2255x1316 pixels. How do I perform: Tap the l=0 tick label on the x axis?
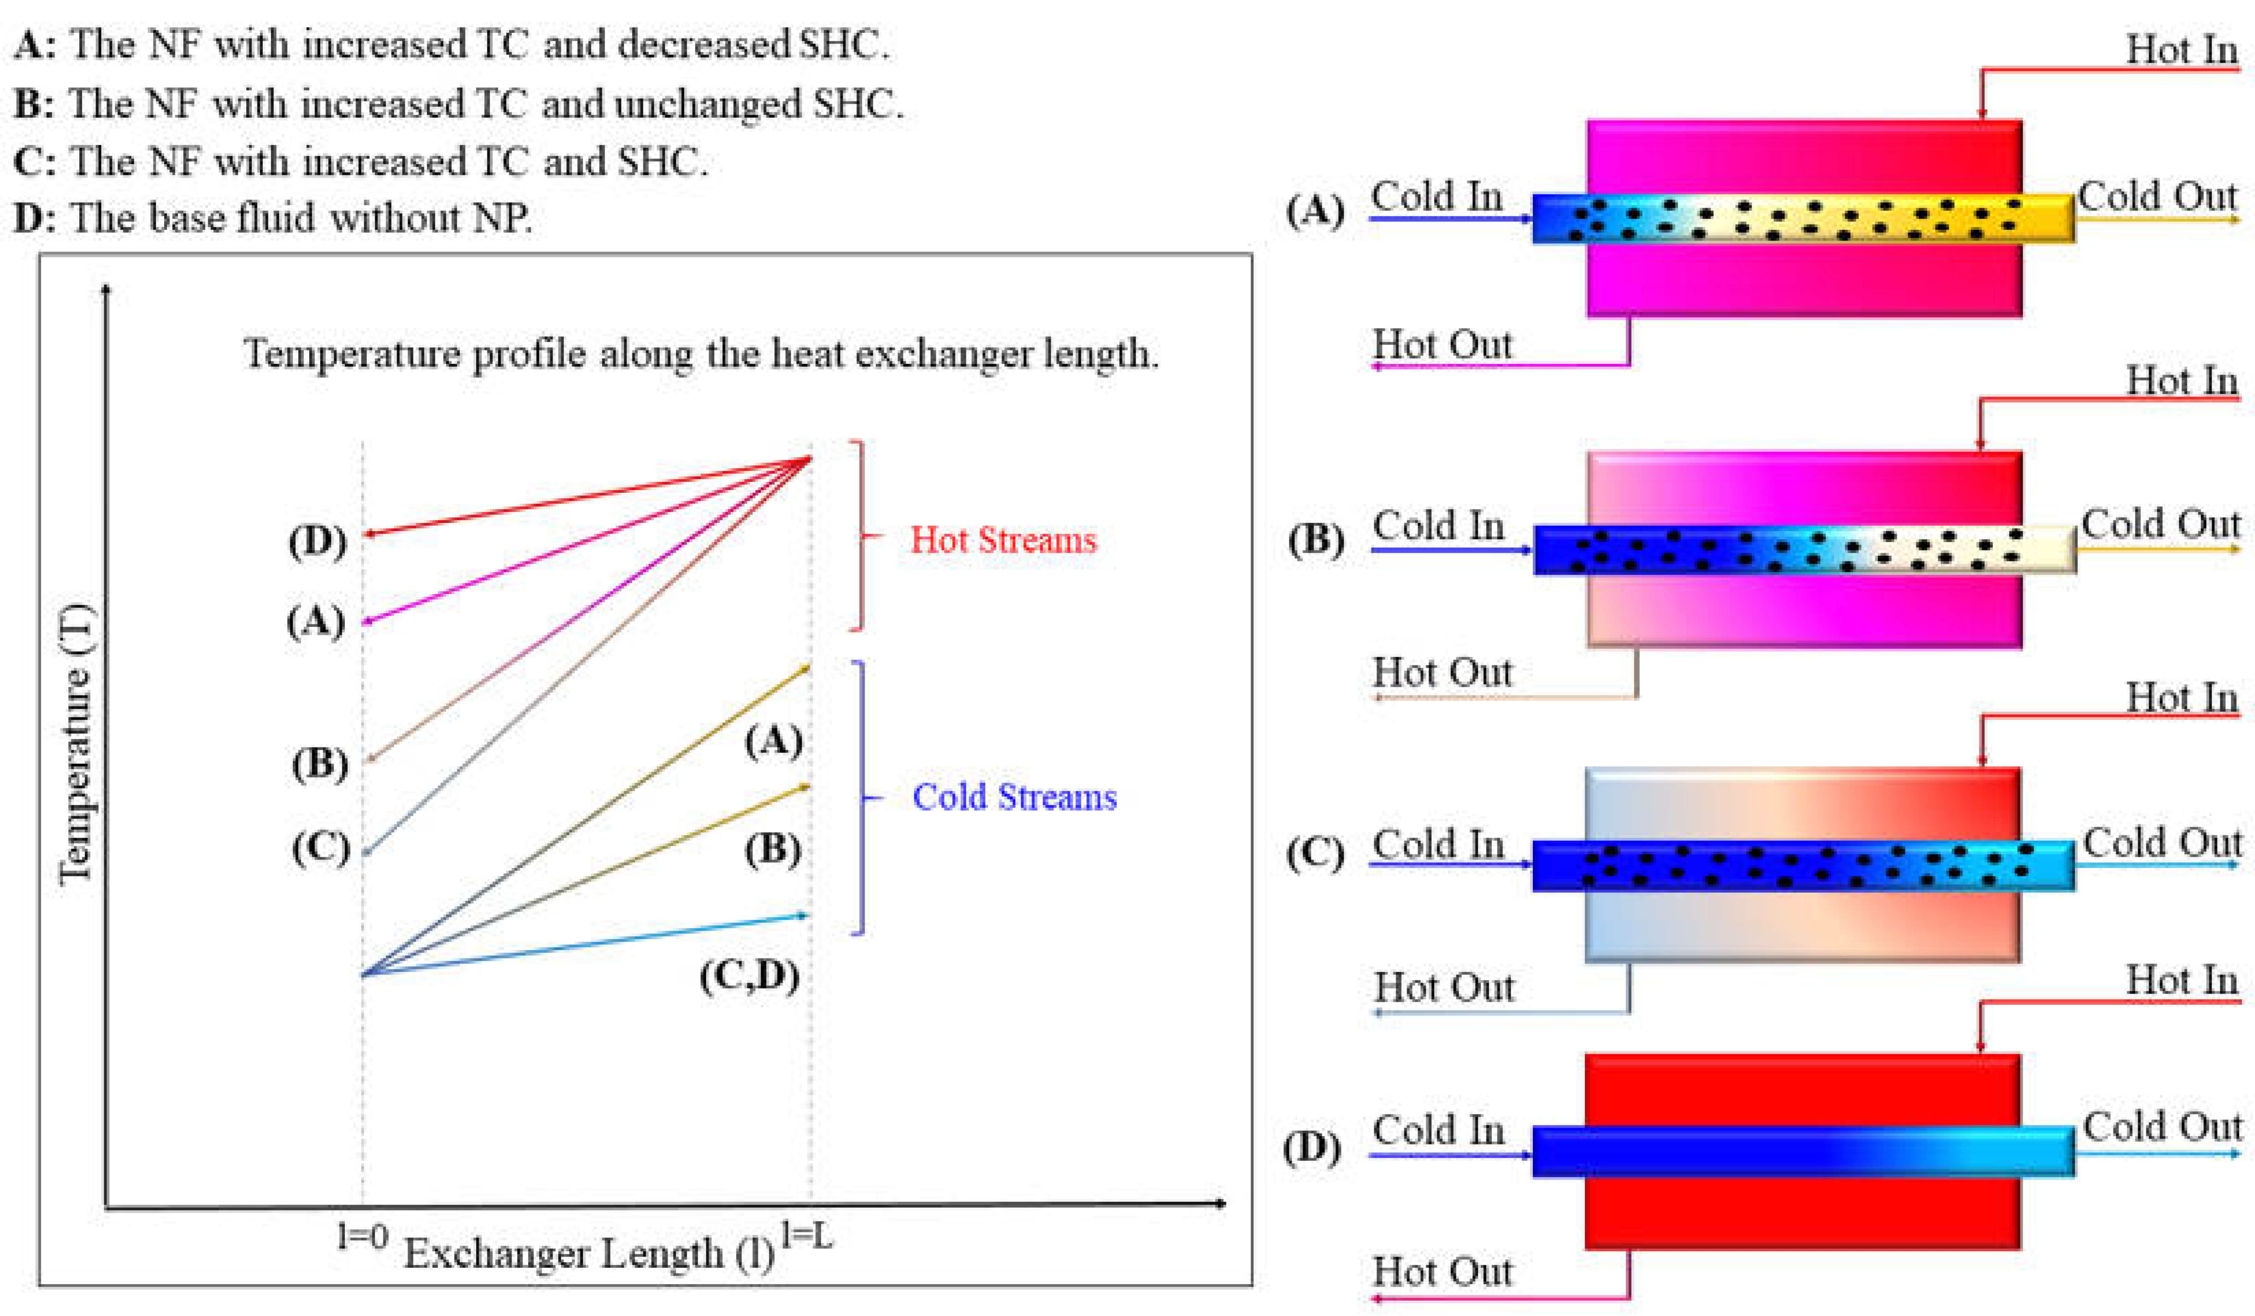click(363, 1237)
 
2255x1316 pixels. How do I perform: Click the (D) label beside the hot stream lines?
click(317, 541)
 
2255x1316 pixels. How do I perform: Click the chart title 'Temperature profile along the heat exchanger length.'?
click(701, 354)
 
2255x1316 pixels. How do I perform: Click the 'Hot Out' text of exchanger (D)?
click(1442, 1271)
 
